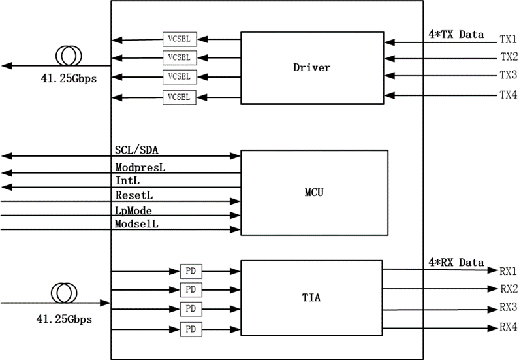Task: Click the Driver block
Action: click(312, 67)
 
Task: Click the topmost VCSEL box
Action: click(178, 37)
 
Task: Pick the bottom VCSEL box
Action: click(178, 97)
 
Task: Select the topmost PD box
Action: click(190, 270)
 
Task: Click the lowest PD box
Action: click(190, 328)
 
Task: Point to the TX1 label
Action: click(509, 39)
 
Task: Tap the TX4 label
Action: click(509, 95)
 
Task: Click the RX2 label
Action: click(509, 289)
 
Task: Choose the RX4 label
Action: click(509, 327)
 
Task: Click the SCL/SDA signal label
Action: click(137, 149)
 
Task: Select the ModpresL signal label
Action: click(140, 167)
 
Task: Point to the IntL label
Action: click(127, 181)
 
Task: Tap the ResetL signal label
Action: click(134, 195)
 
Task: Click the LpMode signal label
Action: click(134, 210)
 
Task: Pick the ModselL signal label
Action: click(137, 224)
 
